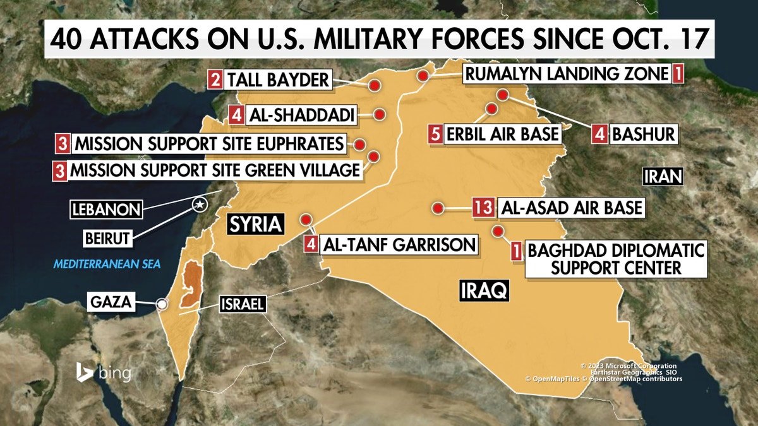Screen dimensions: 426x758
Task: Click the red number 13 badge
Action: pos(484,208)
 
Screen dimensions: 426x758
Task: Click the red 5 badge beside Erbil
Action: pos(436,134)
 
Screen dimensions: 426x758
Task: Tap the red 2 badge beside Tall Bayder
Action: pos(216,80)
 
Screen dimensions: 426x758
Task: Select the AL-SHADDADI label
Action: pos(301,115)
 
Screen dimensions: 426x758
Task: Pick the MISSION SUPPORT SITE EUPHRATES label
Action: pos(209,144)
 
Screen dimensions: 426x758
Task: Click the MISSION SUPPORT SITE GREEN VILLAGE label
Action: pos(215,170)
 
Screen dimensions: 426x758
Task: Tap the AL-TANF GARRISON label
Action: pos(399,244)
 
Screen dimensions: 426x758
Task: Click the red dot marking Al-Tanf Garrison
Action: pos(306,220)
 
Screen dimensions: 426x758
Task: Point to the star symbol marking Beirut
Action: pos(200,204)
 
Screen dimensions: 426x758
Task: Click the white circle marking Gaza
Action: pos(162,304)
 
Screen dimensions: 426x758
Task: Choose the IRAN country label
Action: pos(663,177)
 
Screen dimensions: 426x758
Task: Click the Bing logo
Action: pos(104,372)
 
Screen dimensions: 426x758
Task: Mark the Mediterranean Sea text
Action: pos(107,264)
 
